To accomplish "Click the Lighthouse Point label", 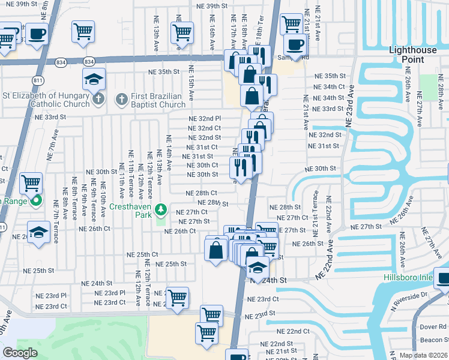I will coord(414,55).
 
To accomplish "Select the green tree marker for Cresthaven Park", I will coord(160,209).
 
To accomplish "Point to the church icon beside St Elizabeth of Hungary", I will coord(98,98).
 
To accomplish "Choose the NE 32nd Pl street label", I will coord(205,119).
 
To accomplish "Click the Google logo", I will coord(20,352).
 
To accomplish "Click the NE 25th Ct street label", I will coord(142,255).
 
